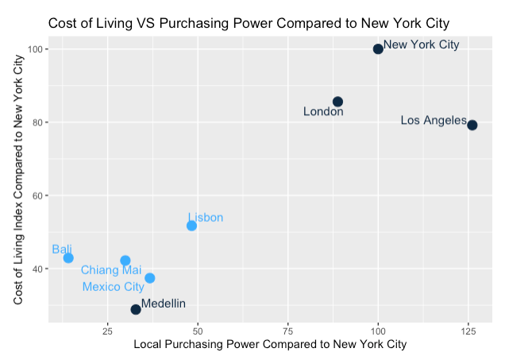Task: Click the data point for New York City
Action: click(378, 49)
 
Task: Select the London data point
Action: click(337, 102)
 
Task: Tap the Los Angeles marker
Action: click(472, 125)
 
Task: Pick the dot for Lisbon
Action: click(191, 226)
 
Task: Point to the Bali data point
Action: click(68, 257)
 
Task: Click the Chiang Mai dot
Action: click(125, 260)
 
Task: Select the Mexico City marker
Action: click(150, 278)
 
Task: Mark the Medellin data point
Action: click(136, 309)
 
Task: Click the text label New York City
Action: click(421, 45)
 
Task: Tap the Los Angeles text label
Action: click(434, 120)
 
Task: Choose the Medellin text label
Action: click(164, 304)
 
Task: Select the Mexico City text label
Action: click(113, 287)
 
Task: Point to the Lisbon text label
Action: click(206, 217)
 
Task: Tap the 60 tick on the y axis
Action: click(40, 195)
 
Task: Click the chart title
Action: click(249, 23)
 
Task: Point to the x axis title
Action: click(271, 345)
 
